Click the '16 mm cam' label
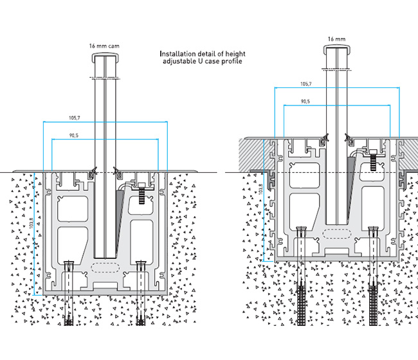[105, 46]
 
